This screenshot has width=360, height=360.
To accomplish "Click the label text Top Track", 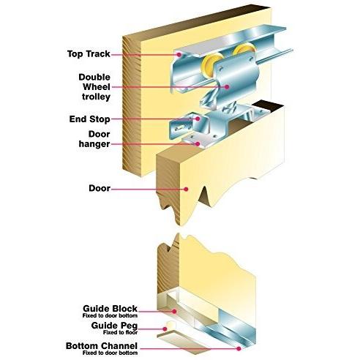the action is [89, 54].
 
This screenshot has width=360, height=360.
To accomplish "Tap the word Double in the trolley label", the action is [94, 77].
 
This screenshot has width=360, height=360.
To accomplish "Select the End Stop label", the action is [89, 119].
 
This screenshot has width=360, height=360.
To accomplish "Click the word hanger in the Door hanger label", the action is [94, 144].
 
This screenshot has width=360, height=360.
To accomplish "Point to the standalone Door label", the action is [100, 188].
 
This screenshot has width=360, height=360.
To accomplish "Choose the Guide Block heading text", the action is [110, 309].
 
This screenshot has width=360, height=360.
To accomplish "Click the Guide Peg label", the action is [114, 326].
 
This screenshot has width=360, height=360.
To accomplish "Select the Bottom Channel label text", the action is [102, 346].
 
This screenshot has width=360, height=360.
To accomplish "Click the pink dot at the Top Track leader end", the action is [179, 55].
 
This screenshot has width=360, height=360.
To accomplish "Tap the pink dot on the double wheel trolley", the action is [227, 86].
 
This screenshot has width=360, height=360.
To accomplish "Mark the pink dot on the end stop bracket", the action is [198, 119].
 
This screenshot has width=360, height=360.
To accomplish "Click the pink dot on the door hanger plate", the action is [198, 144].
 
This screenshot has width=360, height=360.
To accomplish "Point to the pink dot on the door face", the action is [186, 189].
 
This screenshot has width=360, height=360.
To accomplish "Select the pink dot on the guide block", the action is [174, 312].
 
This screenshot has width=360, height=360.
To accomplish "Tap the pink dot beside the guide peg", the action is [165, 329].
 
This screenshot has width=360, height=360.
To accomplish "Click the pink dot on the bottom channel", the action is [239, 349].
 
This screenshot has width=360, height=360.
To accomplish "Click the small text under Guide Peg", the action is [120, 332].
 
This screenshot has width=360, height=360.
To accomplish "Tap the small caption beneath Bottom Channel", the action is [110, 353].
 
